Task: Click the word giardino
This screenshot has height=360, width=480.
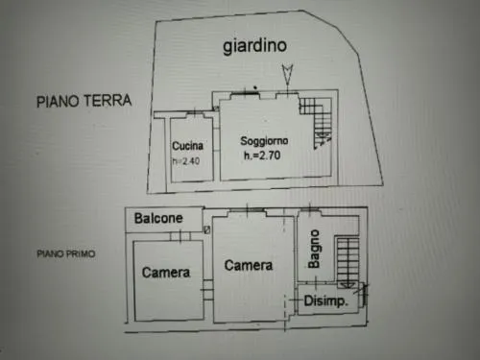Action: [x=254, y=46]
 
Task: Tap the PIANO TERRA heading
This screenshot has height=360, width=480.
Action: [x=84, y=101]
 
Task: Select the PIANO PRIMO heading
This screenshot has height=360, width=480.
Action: [x=66, y=253]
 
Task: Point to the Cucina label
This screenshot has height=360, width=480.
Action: [x=187, y=146]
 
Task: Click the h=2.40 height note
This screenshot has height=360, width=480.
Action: [x=186, y=160]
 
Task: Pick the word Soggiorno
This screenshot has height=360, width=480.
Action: [x=264, y=141]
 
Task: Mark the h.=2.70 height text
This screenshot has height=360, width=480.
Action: [x=262, y=156]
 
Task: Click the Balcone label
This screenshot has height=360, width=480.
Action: [x=158, y=218]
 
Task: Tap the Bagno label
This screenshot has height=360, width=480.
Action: [x=314, y=249]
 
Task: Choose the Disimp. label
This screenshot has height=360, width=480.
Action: [x=325, y=300]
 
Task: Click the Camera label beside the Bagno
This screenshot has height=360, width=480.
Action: [x=249, y=265]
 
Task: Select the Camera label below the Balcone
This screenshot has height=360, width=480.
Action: [x=166, y=273]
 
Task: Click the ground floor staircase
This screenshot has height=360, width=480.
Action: [x=316, y=123]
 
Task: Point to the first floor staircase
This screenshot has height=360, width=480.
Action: [x=348, y=262]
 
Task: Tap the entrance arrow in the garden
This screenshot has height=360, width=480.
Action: [x=287, y=75]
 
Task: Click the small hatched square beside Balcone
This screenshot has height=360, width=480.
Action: [x=207, y=229]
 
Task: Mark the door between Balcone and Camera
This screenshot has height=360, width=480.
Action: [x=180, y=236]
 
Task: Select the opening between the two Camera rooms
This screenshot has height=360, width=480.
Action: [x=207, y=290]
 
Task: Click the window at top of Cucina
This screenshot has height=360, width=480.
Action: [x=195, y=113]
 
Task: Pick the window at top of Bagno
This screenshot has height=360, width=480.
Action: [x=310, y=209]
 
